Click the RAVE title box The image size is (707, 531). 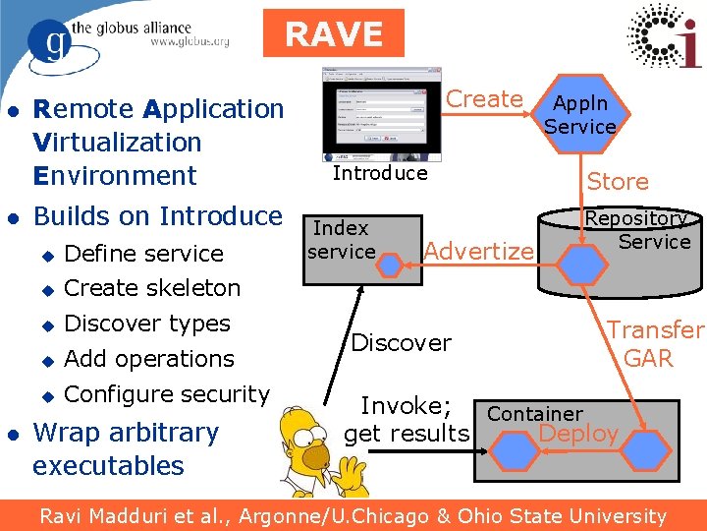(x=334, y=33)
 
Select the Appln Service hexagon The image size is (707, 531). (x=579, y=115)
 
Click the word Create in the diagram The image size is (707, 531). (x=484, y=99)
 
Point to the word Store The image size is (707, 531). (x=618, y=182)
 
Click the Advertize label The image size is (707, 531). (x=478, y=252)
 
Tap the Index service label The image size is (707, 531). (x=341, y=240)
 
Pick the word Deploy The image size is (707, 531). (x=578, y=434)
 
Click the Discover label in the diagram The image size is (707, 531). (x=401, y=343)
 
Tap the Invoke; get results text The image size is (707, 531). (x=407, y=420)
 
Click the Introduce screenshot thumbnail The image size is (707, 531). (x=382, y=115)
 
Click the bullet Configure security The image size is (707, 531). (x=166, y=394)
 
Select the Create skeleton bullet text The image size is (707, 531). (x=152, y=288)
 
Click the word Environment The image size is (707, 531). (x=115, y=176)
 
